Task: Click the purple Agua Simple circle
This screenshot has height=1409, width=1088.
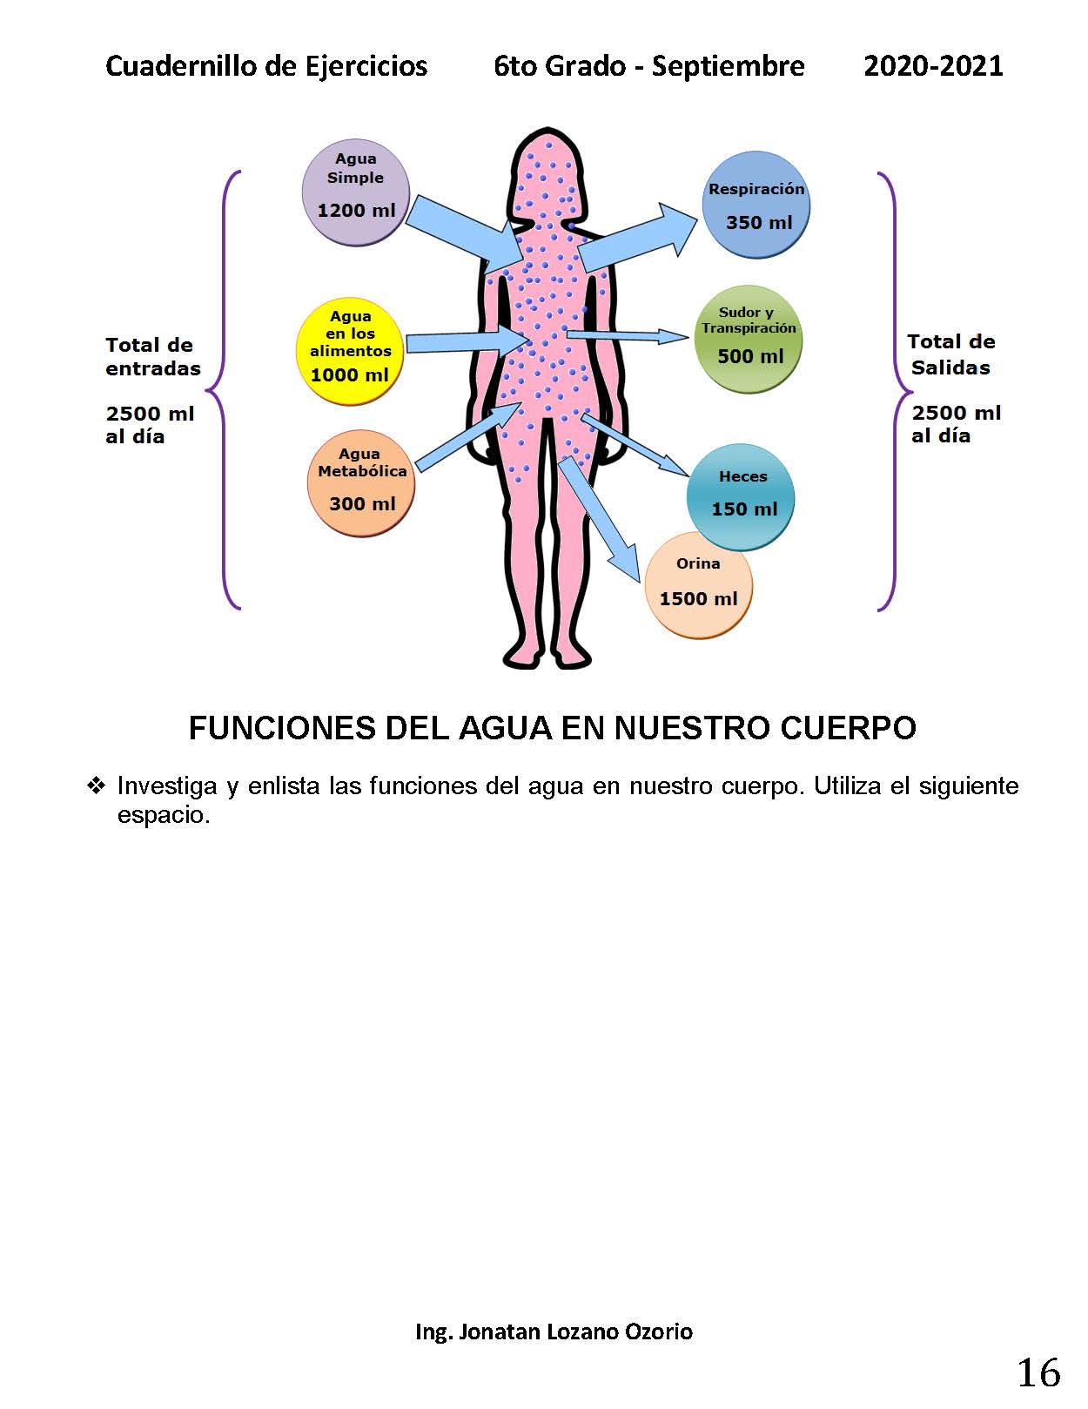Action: (356, 192)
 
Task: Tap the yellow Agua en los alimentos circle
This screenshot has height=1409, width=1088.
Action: (350, 352)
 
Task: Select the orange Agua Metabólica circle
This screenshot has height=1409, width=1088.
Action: (361, 483)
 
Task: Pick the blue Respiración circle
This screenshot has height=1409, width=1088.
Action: (756, 205)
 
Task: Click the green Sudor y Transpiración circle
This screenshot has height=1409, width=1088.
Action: (748, 339)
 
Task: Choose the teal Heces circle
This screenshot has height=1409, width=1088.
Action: (741, 497)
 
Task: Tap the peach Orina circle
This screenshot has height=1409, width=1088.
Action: (699, 585)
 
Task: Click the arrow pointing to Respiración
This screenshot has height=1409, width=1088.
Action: (638, 238)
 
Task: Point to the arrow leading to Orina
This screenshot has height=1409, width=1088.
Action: (600, 517)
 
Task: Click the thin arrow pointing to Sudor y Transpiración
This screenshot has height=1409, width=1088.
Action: (628, 336)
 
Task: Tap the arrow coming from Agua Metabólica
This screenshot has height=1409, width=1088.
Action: (468, 436)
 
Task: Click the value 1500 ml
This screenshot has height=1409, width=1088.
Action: (699, 598)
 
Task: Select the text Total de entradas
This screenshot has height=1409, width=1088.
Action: (153, 357)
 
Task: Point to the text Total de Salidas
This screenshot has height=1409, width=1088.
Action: (950, 354)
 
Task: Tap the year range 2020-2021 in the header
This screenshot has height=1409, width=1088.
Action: (933, 65)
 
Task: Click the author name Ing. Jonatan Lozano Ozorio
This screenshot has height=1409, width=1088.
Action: (554, 1331)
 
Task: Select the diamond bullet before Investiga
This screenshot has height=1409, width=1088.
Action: (96, 785)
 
